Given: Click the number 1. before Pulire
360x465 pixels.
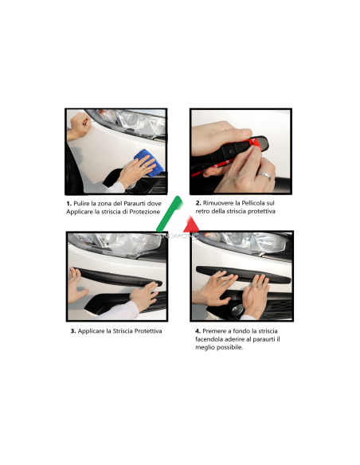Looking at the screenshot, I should tap(69, 204).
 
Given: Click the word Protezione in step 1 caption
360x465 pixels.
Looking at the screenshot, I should tap(143, 213).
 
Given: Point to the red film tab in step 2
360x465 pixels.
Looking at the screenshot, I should tap(254, 143).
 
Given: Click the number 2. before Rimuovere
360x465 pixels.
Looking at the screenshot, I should tap(195, 204).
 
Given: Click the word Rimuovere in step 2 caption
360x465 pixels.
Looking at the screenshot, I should tap(218, 204).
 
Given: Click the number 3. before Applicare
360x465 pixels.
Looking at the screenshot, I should tap(73, 330).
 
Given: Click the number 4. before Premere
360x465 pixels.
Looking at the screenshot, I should tap(196, 330).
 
